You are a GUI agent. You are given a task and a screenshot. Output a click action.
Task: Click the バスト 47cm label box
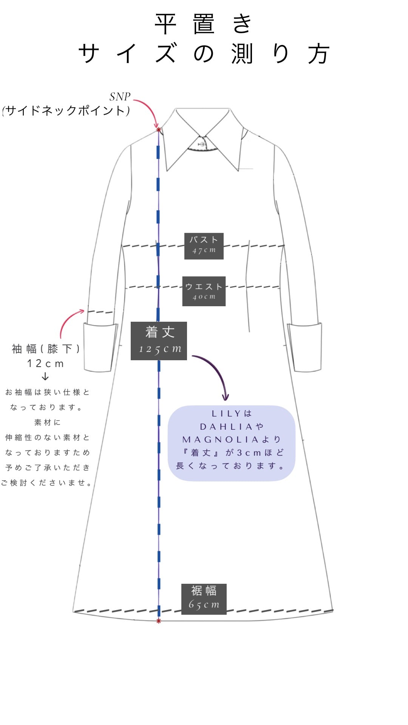pyautogui.click(x=204, y=246)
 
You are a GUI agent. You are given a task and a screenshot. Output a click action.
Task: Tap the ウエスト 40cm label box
pyautogui.click(x=204, y=291)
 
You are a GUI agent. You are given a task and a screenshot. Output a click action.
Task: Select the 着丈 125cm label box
pyautogui.click(x=159, y=341)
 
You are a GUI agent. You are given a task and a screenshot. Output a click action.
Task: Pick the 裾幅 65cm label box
pyautogui.click(x=204, y=599)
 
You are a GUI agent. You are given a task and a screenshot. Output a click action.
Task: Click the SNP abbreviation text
pyautogui.click(x=120, y=97)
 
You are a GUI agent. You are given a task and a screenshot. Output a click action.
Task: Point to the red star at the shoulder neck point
pyautogui.click(x=159, y=130)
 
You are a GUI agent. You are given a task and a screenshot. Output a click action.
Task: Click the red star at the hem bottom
pyautogui.click(x=159, y=621)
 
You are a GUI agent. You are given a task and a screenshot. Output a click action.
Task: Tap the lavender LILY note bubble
pyautogui.click(x=231, y=443)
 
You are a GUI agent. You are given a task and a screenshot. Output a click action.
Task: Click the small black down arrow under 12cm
pyautogui.click(x=45, y=376)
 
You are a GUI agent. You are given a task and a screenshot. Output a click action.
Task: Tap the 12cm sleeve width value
pyautogui.click(x=45, y=364)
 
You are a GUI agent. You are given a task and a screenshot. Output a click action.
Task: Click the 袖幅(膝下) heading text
pyautogui.click(x=46, y=349)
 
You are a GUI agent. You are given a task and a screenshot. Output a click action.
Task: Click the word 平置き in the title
pyautogui.click(x=203, y=24)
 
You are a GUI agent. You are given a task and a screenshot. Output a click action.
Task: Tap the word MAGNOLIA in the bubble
pyautogui.click(x=221, y=440)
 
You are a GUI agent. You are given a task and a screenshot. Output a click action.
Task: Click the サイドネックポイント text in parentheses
pyautogui.click(x=66, y=111)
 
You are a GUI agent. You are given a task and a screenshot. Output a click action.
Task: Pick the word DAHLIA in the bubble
pyautogui.click(x=226, y=427)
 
